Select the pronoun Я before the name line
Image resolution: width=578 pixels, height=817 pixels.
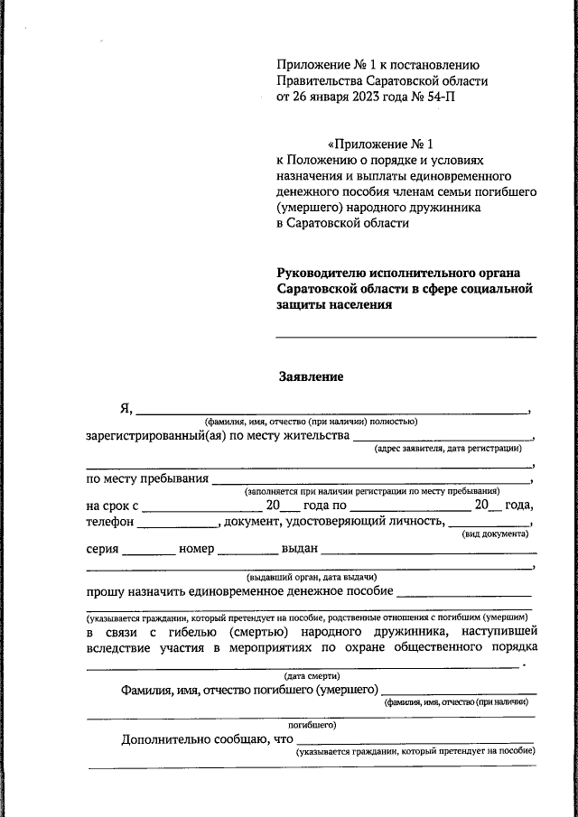[x=126, y=408]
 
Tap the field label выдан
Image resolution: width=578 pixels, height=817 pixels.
[x=298, y=549]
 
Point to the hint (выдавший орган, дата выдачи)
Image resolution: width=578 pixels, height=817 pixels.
[x=311, y=576]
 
